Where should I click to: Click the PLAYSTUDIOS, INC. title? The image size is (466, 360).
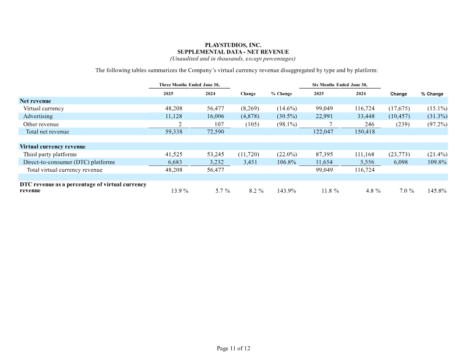[x=233, y=45]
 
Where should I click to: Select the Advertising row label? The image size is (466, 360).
[x=38, y=117]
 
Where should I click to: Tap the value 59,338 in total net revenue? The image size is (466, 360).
[x=174, y=132]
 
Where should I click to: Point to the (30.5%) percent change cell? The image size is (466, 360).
[x=287, y=117]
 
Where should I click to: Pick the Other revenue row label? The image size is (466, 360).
[x=41, y=124]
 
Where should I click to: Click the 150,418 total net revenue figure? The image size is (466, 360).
[x=365, y=132]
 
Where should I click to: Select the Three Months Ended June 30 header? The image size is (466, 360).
[x=189, y=84]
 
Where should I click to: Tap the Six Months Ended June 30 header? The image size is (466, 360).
[x=340, y=84]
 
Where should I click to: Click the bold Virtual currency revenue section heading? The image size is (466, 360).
[x=52, y=147]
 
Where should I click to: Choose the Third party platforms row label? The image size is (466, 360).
[x=50, y=154]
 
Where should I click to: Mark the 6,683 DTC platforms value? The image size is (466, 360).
[x=175, y=162]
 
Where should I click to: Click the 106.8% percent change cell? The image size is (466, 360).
[x=287, y=162]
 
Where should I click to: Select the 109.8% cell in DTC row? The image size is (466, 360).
[x=437, y=162]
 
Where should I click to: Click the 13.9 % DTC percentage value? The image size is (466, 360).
[x=179, y=191]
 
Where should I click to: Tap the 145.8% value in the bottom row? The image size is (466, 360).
[x=437, y=191]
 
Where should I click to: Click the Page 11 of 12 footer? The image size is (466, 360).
[x=234, y=348]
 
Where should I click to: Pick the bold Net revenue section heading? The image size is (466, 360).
[x=36, y=101]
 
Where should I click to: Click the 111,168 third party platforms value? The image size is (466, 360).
[x=365, y=154]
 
